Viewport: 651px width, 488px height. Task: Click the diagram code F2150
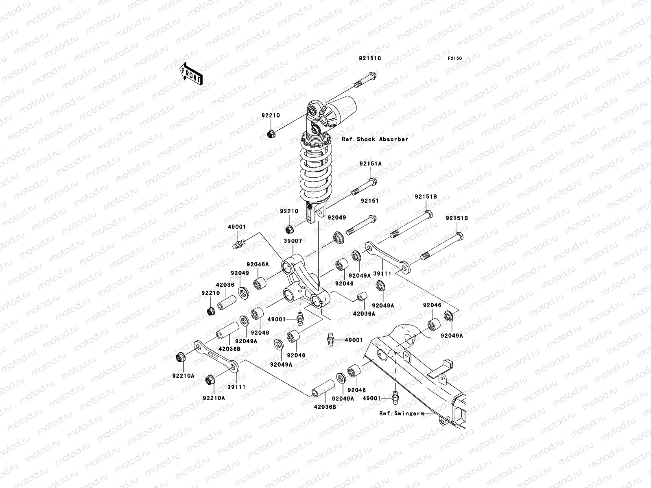(455, 59)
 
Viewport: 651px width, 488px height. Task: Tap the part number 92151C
(370, 59)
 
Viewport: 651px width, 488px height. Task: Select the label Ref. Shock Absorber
(375, 139)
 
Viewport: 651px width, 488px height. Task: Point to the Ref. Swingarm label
(402, 414)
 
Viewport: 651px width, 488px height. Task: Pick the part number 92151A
(370, 164)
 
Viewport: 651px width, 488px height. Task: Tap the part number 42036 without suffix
(225, 285)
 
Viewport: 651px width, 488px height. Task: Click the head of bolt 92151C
(382, 76)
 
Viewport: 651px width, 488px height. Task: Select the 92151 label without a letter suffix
(369, 201)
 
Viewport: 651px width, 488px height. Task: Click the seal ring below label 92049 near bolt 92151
(338, 237)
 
